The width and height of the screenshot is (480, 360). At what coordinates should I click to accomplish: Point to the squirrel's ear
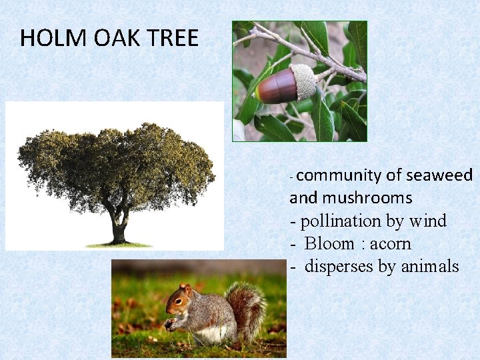[x=189, y=290]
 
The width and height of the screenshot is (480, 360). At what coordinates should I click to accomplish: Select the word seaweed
[x=439, y=175]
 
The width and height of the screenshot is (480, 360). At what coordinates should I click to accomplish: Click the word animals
[x=429, y=267]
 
